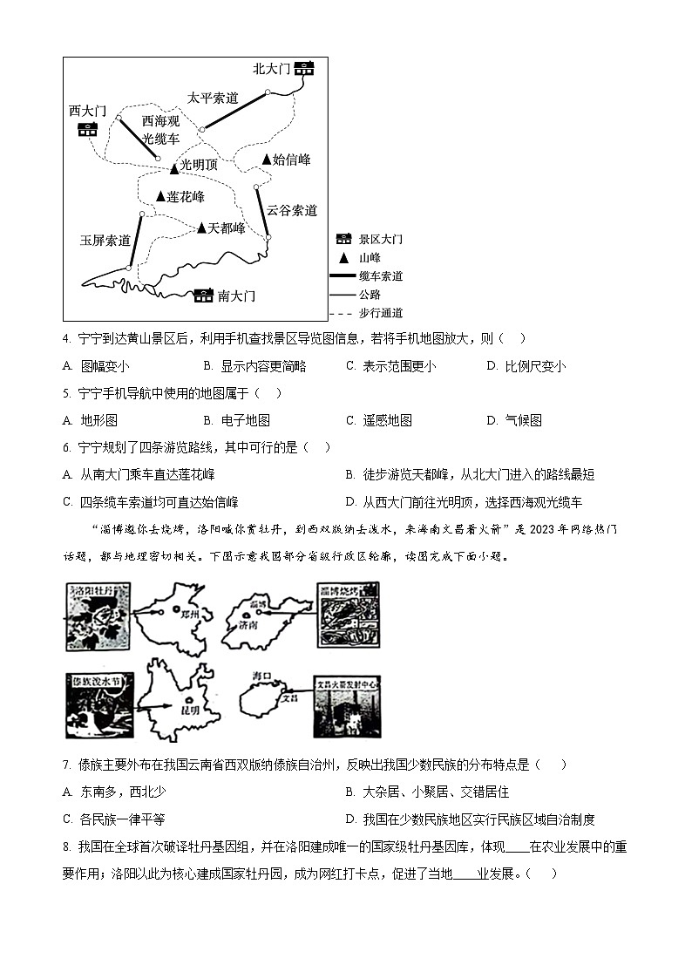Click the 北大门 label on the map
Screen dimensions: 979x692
270,69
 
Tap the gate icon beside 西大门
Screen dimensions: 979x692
87,130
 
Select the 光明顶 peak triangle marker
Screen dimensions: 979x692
173,166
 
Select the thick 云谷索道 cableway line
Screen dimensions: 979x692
262,212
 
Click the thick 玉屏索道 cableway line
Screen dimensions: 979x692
135,240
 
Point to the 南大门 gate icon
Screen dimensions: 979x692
203,296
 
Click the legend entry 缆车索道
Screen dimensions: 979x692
381,276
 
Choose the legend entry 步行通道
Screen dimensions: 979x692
381,313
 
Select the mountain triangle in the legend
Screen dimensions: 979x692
343,258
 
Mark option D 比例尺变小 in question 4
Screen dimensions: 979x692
534,366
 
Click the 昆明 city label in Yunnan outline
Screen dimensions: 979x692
193,709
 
